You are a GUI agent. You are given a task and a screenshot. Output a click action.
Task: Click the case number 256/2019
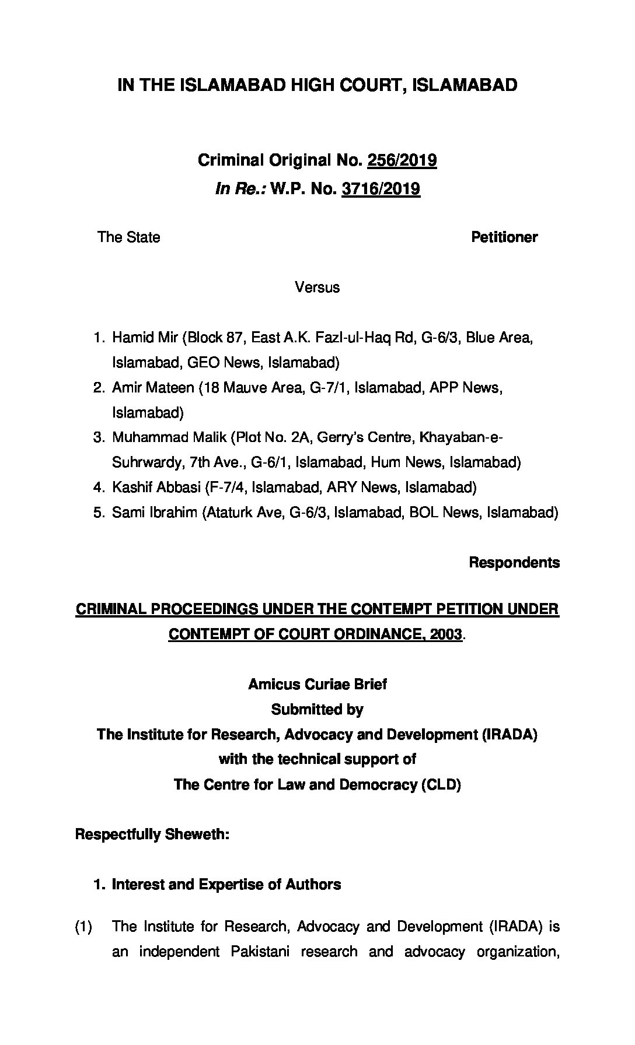402,160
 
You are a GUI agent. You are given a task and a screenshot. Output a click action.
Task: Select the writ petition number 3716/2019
381,189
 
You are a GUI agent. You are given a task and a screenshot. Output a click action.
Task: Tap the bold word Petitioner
504,237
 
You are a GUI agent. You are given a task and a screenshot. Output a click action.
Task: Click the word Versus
317,287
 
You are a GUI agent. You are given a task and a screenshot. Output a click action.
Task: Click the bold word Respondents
514,563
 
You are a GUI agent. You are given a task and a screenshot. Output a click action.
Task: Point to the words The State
128,237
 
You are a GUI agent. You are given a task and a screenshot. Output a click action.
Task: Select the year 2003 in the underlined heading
445,634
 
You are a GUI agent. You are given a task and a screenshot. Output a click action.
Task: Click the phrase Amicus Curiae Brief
317,684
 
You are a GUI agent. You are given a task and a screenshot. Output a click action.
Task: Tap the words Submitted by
317,710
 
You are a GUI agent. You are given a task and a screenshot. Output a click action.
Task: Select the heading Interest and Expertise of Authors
226,885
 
